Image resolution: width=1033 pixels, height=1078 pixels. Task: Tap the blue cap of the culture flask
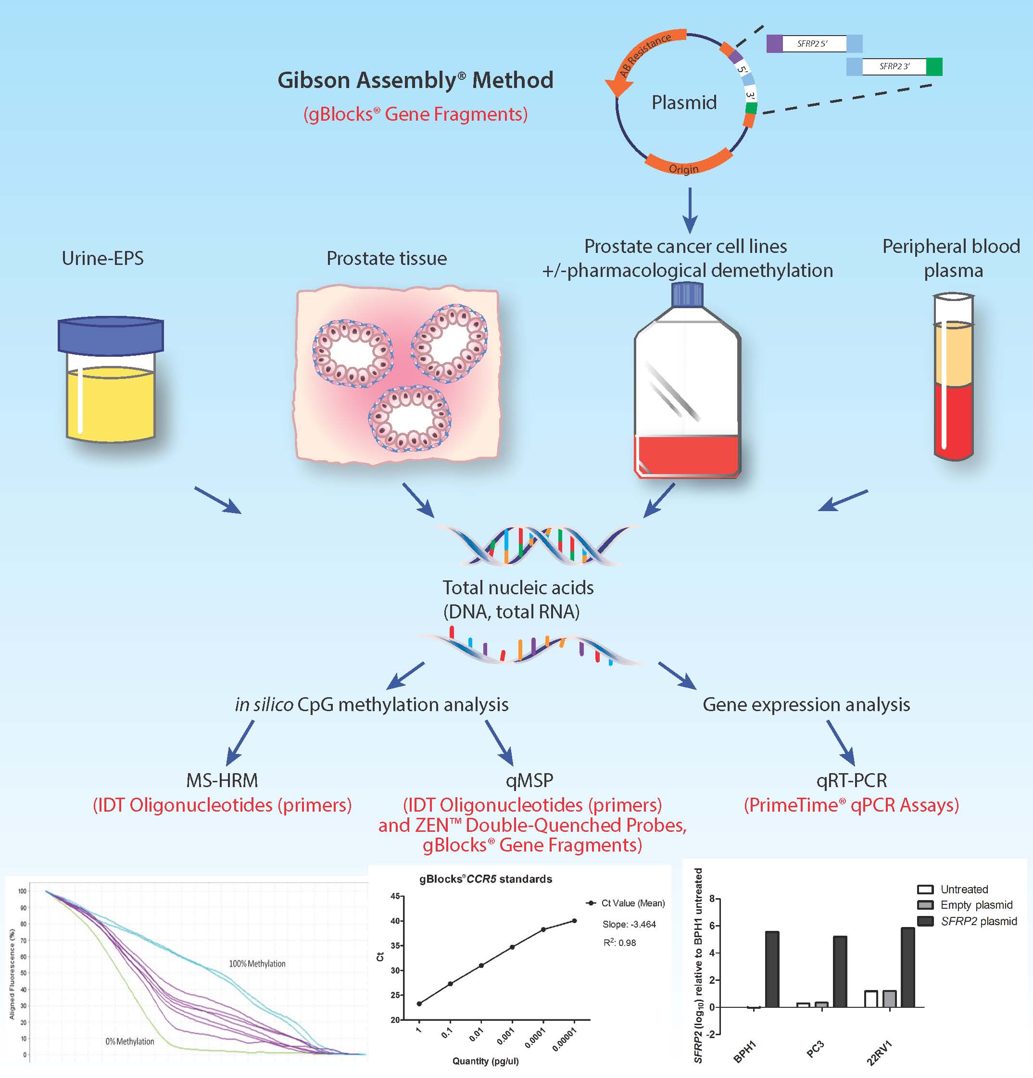pyautogui.click(x=688, y=294)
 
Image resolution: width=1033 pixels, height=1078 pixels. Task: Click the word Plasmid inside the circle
pyautogui.click(x=684, y=102)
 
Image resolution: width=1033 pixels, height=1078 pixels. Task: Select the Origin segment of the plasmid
pyautogui.click(x=685, y=165)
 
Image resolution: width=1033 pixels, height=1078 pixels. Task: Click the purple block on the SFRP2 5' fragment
pyautogui.click(x=774, y=43)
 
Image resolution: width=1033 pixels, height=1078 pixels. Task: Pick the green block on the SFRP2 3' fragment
pyautogui.click(x=934, y=66)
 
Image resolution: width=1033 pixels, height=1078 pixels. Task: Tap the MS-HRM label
pyautogui.click(x=222, y=780)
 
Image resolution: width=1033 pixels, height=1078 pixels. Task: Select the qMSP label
pyautogui.click(x=529, y=780)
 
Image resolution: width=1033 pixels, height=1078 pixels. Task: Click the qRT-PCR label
pyautogui.click(x=852, y=780)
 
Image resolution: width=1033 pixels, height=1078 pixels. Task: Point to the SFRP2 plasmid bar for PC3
pyautogui.click(x=840, y=971)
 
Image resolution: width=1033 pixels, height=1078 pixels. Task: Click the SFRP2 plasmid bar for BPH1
pyautogui.click(x=772, y=968)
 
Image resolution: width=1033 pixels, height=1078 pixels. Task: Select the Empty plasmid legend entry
pyautogui.click(x=976, y=905)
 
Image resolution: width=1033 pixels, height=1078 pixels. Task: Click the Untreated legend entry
pyautogui.click(x=964, y=890)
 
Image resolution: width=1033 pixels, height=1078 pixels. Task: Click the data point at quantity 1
pyautogui.click(x=419, y=1004)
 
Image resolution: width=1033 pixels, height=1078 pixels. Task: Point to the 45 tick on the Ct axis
pyautogui.click(x=395, y=897)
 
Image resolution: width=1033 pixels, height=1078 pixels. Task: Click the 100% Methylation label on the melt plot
pyautogui.click(x=257, y=964)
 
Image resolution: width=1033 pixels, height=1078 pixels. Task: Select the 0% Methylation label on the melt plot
pyautogui.click(x=130, y=1041)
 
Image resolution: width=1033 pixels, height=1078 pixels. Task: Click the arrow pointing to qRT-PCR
pyautogui.click(x=841, y=742)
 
